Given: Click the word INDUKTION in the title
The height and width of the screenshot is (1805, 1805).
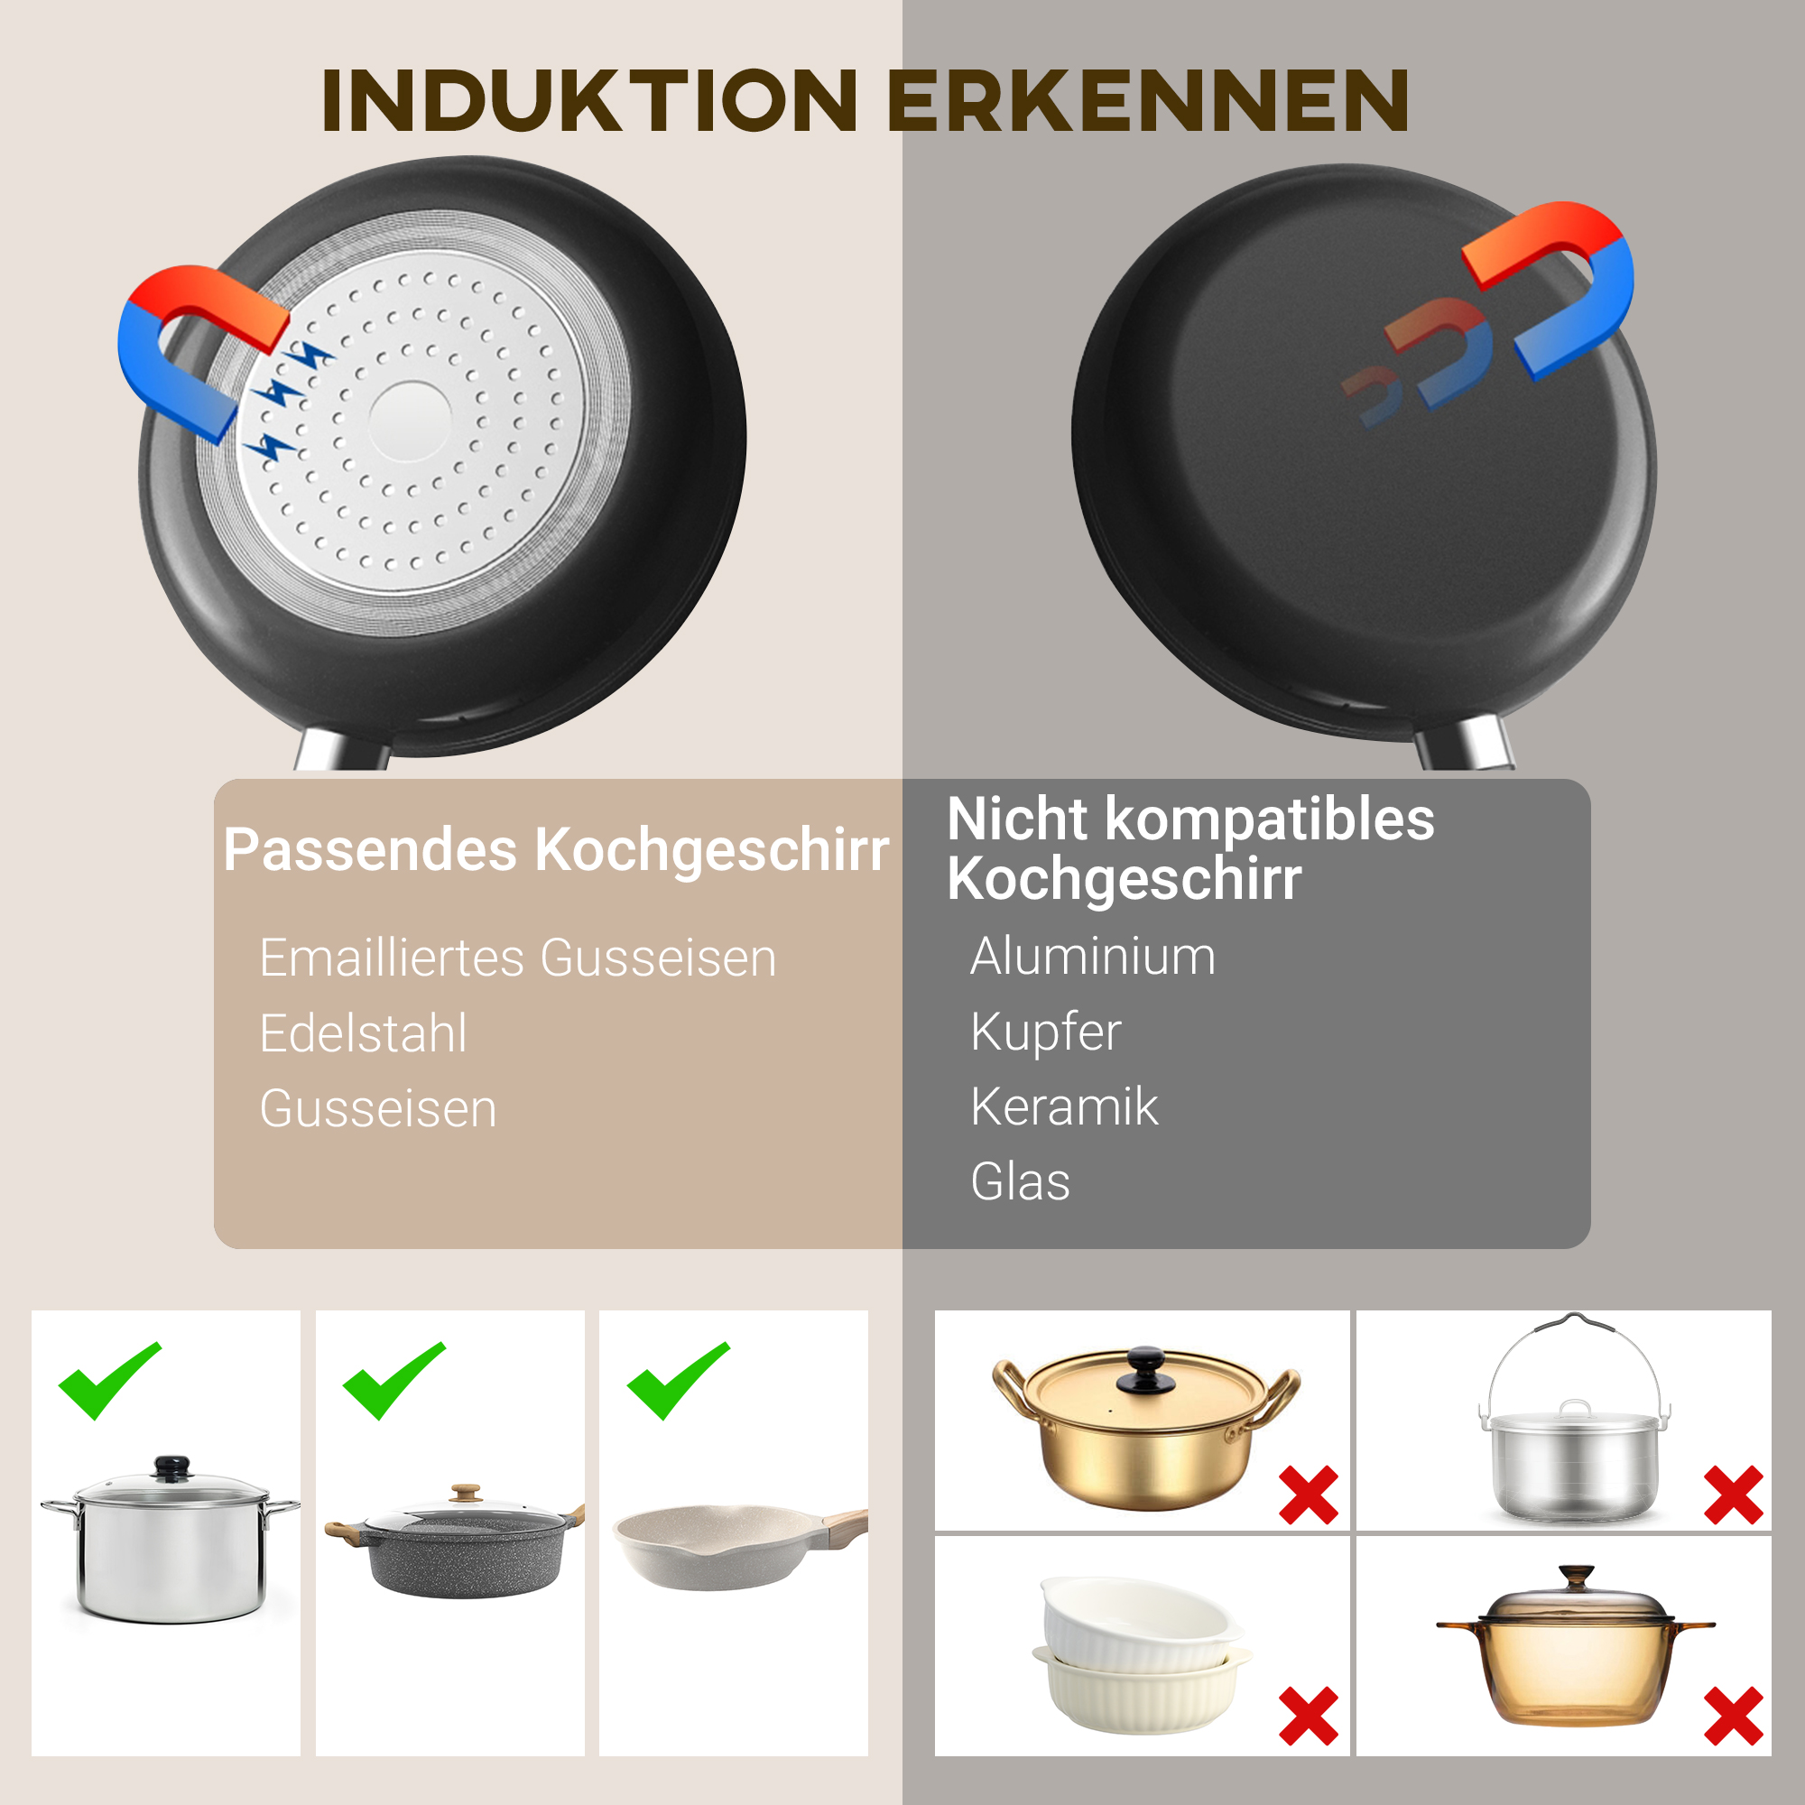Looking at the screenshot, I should [588, 100].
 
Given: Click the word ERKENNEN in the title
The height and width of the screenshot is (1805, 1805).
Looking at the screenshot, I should [1147, 100].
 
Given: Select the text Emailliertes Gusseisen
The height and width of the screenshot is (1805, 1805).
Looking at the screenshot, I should [517, 958].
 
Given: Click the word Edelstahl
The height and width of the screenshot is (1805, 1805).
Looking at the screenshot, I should [363, 1033].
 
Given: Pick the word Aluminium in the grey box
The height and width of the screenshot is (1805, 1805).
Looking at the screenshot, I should [1092, 956].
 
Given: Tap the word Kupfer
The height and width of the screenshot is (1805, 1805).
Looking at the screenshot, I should [1045, 1032].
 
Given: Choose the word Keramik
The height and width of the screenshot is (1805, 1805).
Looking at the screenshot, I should [1063, 1107].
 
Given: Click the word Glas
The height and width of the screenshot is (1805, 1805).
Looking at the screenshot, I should [1019, 1182].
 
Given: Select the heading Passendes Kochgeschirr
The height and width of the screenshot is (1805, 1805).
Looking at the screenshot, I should [556, 850].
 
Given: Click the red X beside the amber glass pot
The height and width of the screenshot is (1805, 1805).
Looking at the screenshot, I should [1733, 1717].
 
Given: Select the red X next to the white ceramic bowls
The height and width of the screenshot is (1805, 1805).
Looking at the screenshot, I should [1308, 1717].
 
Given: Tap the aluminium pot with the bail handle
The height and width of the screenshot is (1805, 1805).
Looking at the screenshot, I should [1574, 1462].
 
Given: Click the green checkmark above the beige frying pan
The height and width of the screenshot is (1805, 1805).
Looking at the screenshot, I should [678, 1381].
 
